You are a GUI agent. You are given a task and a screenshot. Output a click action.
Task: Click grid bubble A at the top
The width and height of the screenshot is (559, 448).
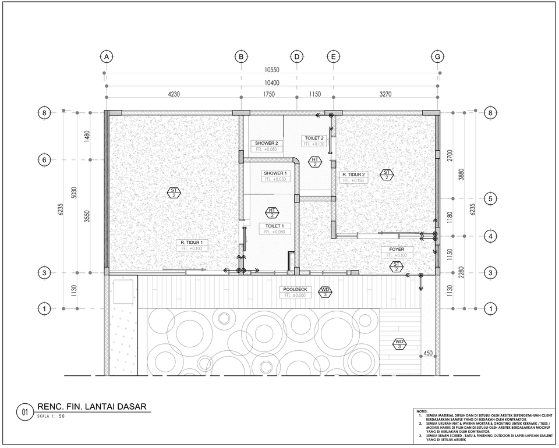point(105,56)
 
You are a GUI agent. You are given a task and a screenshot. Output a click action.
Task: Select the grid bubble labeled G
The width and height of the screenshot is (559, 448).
point(437,56)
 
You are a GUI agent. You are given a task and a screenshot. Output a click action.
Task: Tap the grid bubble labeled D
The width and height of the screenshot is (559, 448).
point(297,56)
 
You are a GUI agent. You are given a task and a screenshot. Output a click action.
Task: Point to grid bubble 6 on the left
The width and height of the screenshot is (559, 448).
point(44,159)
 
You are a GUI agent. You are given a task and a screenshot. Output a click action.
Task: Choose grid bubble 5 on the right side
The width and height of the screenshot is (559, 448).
point(490,198)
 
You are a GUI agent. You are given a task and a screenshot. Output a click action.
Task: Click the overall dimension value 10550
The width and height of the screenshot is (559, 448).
point(271,70)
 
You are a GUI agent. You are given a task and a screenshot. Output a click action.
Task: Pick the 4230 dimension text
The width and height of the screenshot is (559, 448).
point(173,94)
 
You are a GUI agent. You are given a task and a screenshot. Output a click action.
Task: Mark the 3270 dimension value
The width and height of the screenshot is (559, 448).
point(385,94)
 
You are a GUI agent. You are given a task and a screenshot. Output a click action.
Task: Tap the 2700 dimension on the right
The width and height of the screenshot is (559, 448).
point(450,156)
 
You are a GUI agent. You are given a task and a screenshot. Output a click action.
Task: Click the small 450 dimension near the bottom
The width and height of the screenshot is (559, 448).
point(428,353)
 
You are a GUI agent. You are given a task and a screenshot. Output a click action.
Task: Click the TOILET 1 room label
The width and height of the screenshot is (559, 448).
point(274,226)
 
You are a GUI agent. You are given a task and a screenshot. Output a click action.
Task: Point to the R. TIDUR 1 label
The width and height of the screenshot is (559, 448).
point(192,241)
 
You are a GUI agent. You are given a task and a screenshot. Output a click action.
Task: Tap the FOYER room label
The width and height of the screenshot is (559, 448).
point(397,249)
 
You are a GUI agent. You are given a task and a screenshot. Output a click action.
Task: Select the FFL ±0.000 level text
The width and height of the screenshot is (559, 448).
point(296,296)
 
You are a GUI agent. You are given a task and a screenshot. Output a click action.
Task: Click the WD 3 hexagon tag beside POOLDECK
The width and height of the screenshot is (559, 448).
point(326,291)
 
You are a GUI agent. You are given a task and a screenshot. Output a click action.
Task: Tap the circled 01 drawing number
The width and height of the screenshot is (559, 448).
point(24,413)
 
